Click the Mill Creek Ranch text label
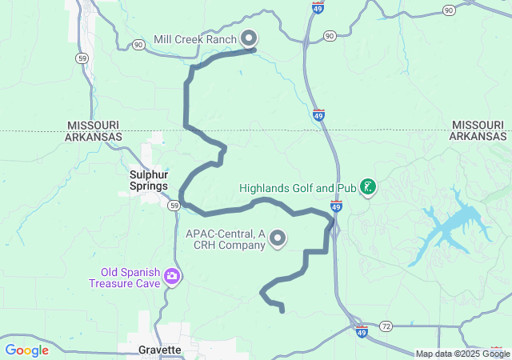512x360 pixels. (x=195, y=39)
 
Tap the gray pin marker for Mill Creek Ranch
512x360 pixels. (x=249, y=38)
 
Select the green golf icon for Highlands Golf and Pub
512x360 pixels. (x=367, y=188)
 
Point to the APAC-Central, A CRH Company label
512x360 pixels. (x=225, y=238)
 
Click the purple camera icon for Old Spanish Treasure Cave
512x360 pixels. (x=171, y=277)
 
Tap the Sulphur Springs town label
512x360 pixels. (x=149, y=179)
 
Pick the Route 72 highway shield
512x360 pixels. (x=386, y=326)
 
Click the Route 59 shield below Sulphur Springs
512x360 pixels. (x=174, y=206)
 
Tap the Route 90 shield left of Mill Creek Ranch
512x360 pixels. (x=139, y=46)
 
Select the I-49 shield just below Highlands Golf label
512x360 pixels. (x=336, y=206)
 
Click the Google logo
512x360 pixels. (x=27, y=350)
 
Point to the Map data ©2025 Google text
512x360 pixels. (x=462, y=354)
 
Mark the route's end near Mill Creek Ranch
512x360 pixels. (x=254, y=50)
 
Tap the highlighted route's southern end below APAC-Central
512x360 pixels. (x=282, y=310)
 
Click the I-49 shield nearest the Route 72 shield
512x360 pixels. (x=362, y=330)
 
